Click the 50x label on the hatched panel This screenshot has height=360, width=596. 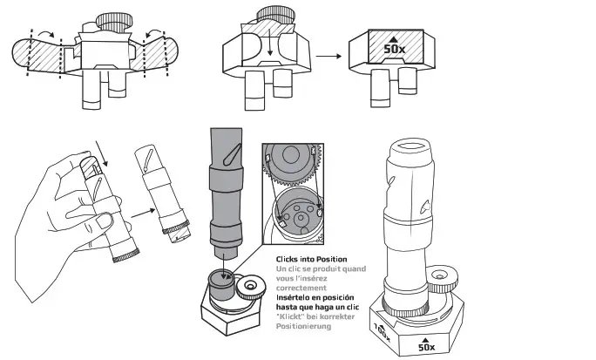point(395,49)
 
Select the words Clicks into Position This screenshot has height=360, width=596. point(311,260)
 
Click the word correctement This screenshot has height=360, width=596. point(301,287)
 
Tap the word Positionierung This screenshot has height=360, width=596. point(304,326)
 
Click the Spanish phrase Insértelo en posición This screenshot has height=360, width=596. point(315,297)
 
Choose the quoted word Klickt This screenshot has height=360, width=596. point(291,316)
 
